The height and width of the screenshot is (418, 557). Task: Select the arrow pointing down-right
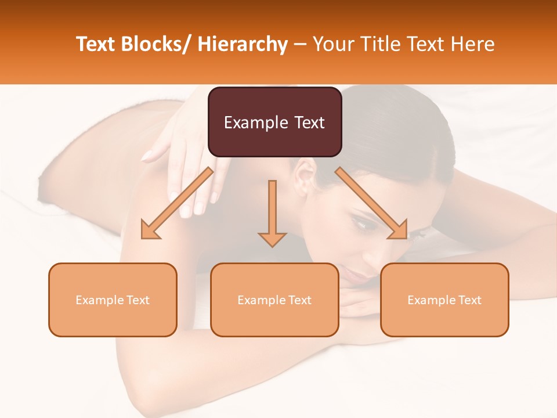pos(371,203)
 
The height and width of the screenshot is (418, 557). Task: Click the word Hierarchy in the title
pos(243,44)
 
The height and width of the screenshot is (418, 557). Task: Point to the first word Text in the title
pos(96,44)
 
